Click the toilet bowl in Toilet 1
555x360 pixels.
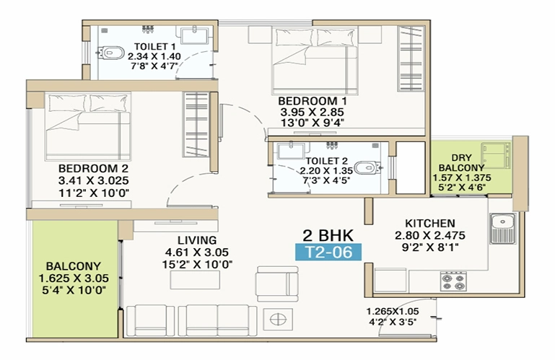point(111,53)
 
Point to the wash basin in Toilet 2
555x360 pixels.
point(291,151)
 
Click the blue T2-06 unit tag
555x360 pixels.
point(328,253)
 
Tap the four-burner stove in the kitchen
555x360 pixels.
point(453,281)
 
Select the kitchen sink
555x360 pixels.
point(502,228)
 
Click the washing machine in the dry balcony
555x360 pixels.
point(496,155)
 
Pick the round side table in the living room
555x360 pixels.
point(278,320)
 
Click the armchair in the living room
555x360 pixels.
point(277,284)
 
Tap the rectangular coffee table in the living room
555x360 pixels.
point(195,280)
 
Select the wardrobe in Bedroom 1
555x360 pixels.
point(411,58)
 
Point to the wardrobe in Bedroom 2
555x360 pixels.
point(196,125)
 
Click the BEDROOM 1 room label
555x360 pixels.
point(313,101)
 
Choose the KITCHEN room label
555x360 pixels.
point(430,224)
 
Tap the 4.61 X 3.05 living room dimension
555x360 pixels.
point(197,253)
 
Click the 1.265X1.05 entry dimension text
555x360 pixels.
point(393,312)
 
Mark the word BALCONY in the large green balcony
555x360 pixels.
point(74,266)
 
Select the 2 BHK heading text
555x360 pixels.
point(328,235)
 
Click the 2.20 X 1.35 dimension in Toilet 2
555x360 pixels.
point(326,171)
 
